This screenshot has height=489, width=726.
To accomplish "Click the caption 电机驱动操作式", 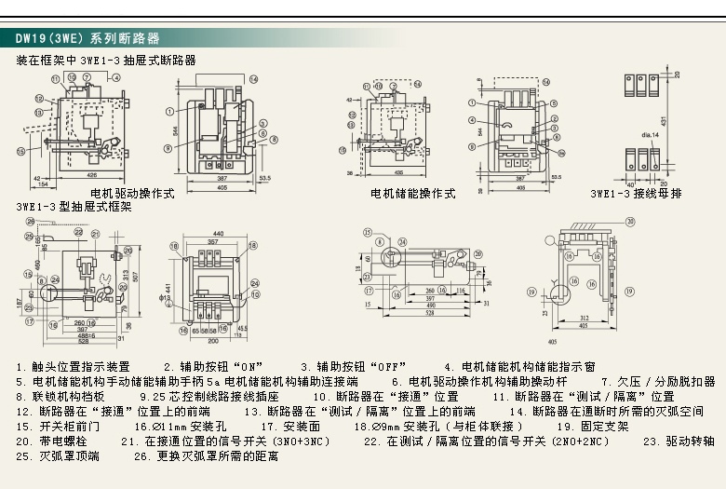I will click(x=139, y=194).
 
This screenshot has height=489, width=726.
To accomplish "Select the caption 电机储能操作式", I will click(x=413, y=194).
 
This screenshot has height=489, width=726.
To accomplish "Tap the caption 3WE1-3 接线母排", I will click(x=636, y=194).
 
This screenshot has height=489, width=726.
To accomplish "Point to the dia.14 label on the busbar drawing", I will click(x=650, y=136).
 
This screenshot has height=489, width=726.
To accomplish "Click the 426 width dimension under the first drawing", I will click(x=91, y=174).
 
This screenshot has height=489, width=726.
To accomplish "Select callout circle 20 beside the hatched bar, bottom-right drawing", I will click(x=629, y=222).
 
